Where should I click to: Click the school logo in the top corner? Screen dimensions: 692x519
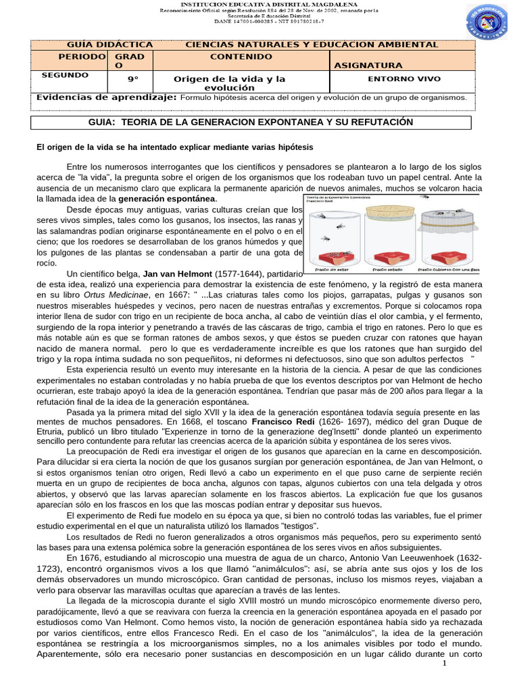(x=486, y=25)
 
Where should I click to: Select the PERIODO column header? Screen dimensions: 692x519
(x=82, y=57)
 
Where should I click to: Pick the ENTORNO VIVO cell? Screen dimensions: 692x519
(x=403, y=79)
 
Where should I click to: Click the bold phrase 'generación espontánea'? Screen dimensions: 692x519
(x=167, y=199)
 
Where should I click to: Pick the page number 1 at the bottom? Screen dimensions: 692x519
(x=445, y=663)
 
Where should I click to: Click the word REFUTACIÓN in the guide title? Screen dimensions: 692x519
(x=380, y=122)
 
